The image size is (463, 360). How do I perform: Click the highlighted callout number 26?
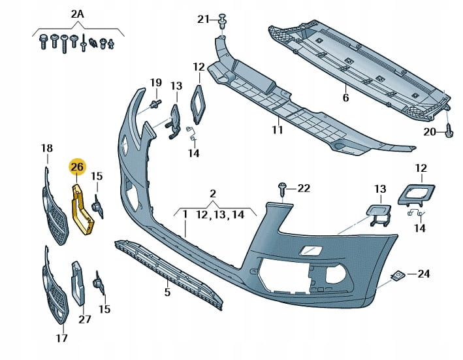(x=77, y=167)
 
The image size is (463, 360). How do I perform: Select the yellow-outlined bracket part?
(x=82, y=209)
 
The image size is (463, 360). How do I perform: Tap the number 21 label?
(x=203, y=20)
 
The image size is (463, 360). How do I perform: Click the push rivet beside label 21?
(x=223, y=21)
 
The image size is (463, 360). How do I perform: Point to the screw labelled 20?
(x=448, y=129)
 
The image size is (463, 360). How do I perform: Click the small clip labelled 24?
(x=397, y=275)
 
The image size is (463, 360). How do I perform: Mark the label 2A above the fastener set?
(x=77, y=14)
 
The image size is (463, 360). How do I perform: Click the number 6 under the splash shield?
(x=345, y=97)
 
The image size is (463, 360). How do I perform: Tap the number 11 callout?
(x=277, y=129)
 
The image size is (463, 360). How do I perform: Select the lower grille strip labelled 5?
(x=168, y=274)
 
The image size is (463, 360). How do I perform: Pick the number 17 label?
(x=62, y=338)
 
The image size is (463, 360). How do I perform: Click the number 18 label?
(x=47, y=148)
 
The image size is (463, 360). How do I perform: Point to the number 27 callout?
(x=85, y=319)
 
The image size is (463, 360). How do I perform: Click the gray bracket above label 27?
(x=78, y=283)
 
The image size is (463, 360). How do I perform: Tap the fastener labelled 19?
(x=155, y=104)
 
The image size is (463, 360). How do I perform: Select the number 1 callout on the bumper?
(x=185, y=214)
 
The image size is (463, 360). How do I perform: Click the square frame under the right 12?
(x=417, y=194)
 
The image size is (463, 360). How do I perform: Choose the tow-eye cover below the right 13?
(x=379, y=215)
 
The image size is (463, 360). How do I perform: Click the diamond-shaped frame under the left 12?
(x=199, y=105)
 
